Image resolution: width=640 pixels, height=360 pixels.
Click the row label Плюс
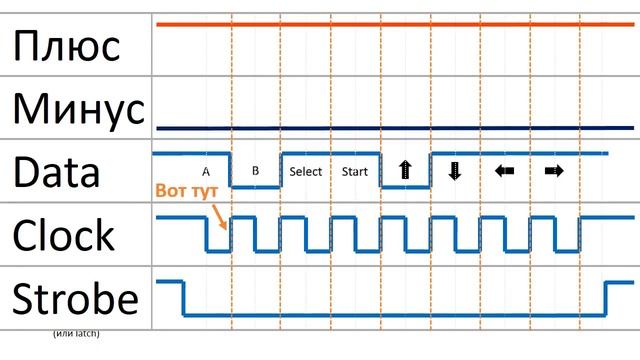point(67,46)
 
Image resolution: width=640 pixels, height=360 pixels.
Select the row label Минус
point(79,109)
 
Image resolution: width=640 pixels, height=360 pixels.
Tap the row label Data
point(56,172)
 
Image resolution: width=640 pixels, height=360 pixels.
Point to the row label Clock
point(63,235)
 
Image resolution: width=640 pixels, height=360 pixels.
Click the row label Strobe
point(76,298)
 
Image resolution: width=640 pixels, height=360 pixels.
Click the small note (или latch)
point(76,333)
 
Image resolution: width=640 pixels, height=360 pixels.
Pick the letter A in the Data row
point(206,172)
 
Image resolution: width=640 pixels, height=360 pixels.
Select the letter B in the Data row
point(256,170)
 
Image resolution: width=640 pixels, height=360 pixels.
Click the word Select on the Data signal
point(306,171)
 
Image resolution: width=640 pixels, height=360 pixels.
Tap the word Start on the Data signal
point(355,171)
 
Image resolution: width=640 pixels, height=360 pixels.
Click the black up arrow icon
point(405,170)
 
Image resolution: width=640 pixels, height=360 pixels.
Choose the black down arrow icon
point(455,171)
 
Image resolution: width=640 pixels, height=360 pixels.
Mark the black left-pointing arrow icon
point(504,171)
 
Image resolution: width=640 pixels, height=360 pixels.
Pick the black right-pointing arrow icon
point(554,171)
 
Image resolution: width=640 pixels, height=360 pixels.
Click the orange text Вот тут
point(187,191)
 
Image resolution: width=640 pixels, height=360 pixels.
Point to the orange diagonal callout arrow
point(220,217)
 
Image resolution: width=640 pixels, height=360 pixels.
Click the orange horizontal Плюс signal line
point(395,24)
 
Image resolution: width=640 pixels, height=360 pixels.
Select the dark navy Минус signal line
point(395,128)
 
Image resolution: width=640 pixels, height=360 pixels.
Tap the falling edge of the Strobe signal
point(183,298)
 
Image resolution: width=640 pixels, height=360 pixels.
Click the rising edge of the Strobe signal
point(606,298)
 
